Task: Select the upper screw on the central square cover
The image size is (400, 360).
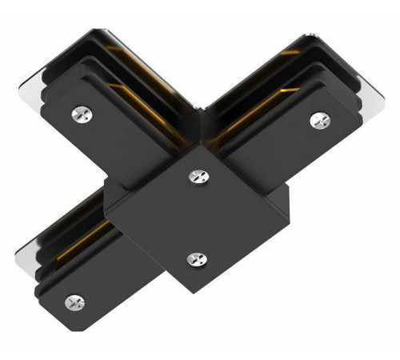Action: click(196, 174)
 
